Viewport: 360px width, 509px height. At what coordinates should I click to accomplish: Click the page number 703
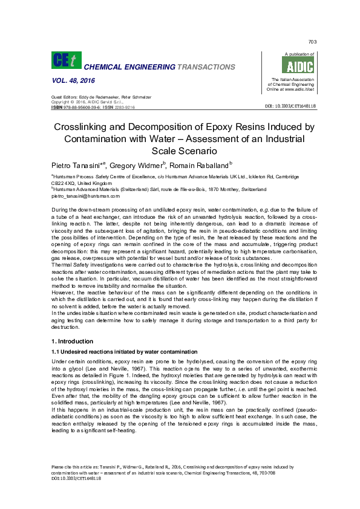click(313, 42)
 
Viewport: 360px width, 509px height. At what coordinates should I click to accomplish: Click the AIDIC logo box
click(291, 66)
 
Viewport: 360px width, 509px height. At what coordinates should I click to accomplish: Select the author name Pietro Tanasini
click(77, 164)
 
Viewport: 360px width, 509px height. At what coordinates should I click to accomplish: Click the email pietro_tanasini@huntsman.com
click(86, 196)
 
